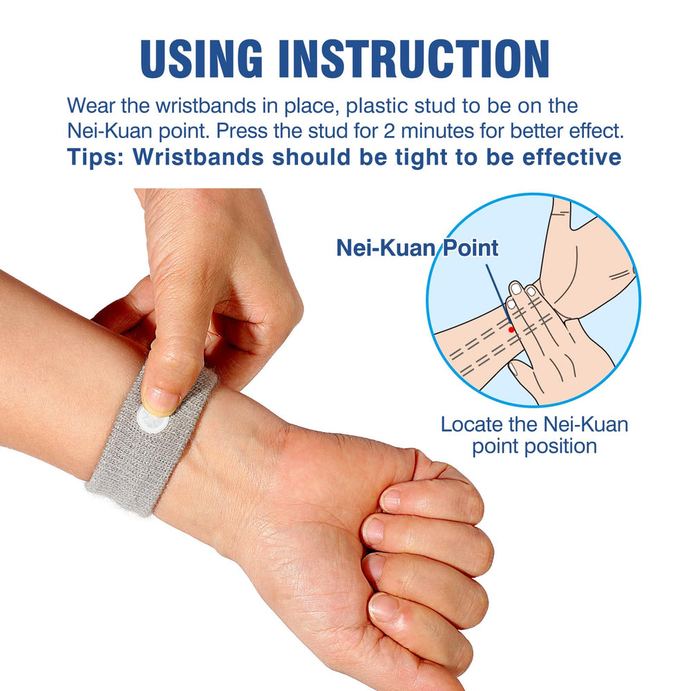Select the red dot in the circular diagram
(511, 330)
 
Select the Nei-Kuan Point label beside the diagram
(417, 248)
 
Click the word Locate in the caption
(472, 424)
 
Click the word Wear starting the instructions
(88, 106)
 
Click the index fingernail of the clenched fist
(391, 499)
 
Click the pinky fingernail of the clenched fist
(382, 607)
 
